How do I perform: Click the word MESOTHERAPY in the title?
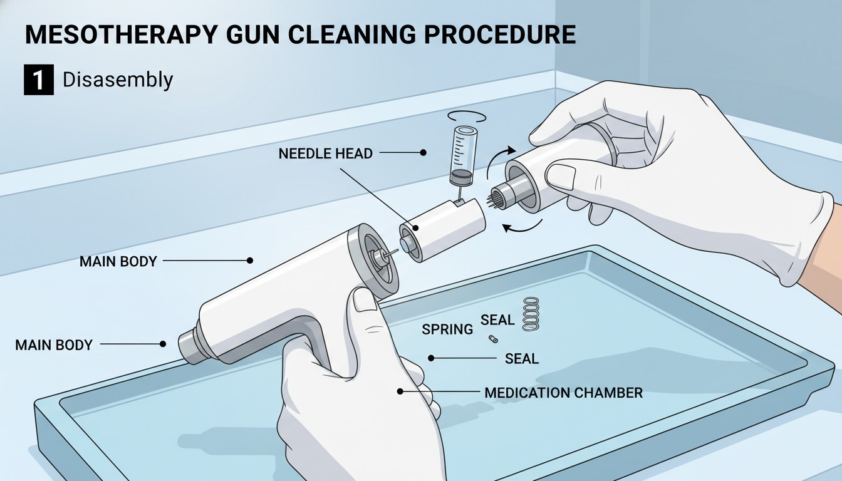(x=121, y=34)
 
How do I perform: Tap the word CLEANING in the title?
(x=352, y=34)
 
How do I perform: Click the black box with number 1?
(x=39, y=80)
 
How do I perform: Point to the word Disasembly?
(x=118, y=80)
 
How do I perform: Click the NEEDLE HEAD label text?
(x=326, y=153)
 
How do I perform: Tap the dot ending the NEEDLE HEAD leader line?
(x=424, y=153)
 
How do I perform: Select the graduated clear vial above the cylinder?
(x=463, y=156)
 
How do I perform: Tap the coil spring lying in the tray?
(x=531, y=314)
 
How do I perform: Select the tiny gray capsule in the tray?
(x=493, y=339)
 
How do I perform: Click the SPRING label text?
(x=447, y=329)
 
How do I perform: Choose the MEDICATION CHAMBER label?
(x=563, y=393)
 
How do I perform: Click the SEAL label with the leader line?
(x=522, y=359)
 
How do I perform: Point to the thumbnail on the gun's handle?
(x=365, y=300)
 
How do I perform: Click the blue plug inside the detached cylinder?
(x=405, y=245)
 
